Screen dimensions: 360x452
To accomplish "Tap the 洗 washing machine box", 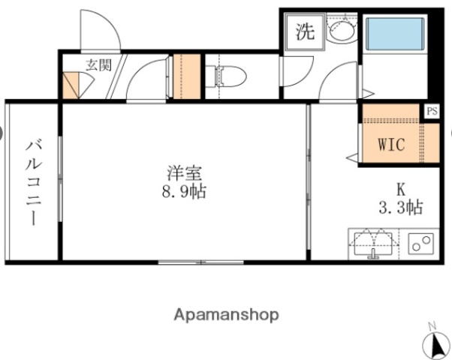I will click(x=305, y=32).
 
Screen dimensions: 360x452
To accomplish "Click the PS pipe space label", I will click(x=431, y=110).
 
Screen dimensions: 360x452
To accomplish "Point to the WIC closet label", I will click(x=391, y=143).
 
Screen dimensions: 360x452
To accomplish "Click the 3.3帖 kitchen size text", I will click(x=400, y=208).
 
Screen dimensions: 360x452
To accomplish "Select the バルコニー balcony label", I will click(x=33, y=181).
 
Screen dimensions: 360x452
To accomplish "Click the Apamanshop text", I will click(x=227, y=315).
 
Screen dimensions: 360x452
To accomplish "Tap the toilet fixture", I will click(x=228, y=75).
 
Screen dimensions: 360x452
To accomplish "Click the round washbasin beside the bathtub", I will click(x=342, y=31).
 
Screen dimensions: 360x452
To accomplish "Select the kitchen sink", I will click(x=373, y=243).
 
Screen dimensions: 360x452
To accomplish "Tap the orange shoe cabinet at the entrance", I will click(x=71, y=85).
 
